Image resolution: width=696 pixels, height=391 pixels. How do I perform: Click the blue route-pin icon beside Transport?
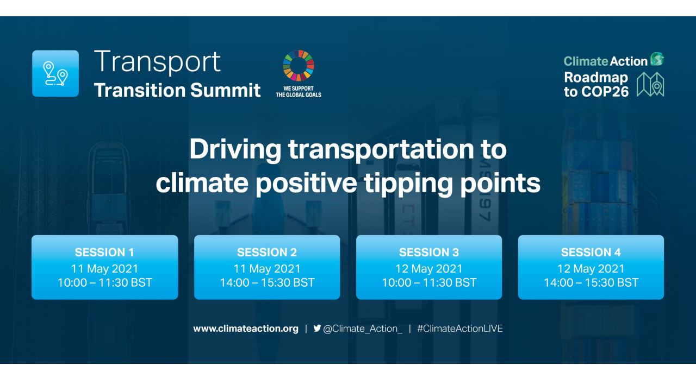click(x=55, y=73)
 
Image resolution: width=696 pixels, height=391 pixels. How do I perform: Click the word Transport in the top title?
click(x=157, y=61)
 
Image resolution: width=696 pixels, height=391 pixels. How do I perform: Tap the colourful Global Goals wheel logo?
click(x=299, y=65)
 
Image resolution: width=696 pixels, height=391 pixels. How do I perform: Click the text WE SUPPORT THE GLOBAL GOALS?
click(x=299, y=91)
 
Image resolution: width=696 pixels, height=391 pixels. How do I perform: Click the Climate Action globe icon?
click(x=657, y=59)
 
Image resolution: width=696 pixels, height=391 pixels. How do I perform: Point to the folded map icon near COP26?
click(x=650, y=84)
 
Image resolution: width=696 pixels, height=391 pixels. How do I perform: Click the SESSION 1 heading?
click(x=104, y=253)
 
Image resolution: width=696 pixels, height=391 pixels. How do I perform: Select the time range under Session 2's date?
click(x=267, y=283)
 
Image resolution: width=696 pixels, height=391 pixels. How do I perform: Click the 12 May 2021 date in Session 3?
click(x=429, y=269)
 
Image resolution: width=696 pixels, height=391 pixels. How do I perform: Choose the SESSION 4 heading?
click(x=591, y=253)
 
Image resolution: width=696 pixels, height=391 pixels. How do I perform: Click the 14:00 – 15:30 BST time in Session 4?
click(x=591, y=283)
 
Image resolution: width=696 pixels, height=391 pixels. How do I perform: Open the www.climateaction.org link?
click(x=246, y=329)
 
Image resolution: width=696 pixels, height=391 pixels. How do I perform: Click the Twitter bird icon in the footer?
click(x=317, y=328)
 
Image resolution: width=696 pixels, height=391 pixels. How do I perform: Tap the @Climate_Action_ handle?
click(x=363, y=329)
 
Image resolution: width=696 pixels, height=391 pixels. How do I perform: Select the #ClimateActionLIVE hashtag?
click(x=459, y=329)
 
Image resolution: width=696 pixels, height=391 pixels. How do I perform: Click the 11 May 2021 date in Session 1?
click(x=104, y=269)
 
